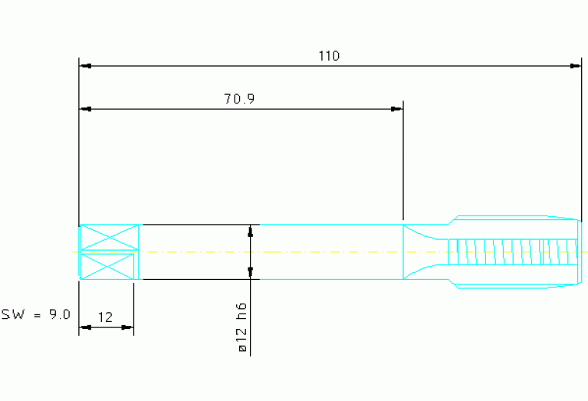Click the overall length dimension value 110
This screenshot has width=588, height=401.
pos(329,56)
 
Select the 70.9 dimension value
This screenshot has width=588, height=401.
pos(239,99)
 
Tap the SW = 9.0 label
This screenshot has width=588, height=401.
pos(36,314)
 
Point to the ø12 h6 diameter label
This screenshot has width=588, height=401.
pos(242,327)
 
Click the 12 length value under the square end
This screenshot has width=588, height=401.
pos(105,317)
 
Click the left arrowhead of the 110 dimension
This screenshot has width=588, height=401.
pos(86,66)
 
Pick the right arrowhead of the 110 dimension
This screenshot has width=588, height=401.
pos(575,66)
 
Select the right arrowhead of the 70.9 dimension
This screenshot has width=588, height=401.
pos(397,109)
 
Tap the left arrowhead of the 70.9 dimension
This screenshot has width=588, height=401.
pos(86,109)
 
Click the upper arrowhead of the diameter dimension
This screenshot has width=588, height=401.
pos(251,231)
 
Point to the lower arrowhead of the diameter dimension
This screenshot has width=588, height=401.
pos(251,273)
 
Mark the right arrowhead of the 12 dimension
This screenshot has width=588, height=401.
pos(127,327)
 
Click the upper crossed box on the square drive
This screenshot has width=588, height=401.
pos(110,237)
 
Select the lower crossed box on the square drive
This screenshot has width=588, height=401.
pos(107,267)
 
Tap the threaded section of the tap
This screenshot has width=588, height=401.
pos(512,251)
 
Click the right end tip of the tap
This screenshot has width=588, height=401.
pos(582,251)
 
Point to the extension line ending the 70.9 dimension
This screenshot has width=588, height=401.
pos(403,160)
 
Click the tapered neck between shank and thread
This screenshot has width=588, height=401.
pos(425,251)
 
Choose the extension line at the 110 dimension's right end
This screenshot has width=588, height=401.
pos(582,140)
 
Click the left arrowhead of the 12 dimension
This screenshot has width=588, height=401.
pos(86,327)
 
